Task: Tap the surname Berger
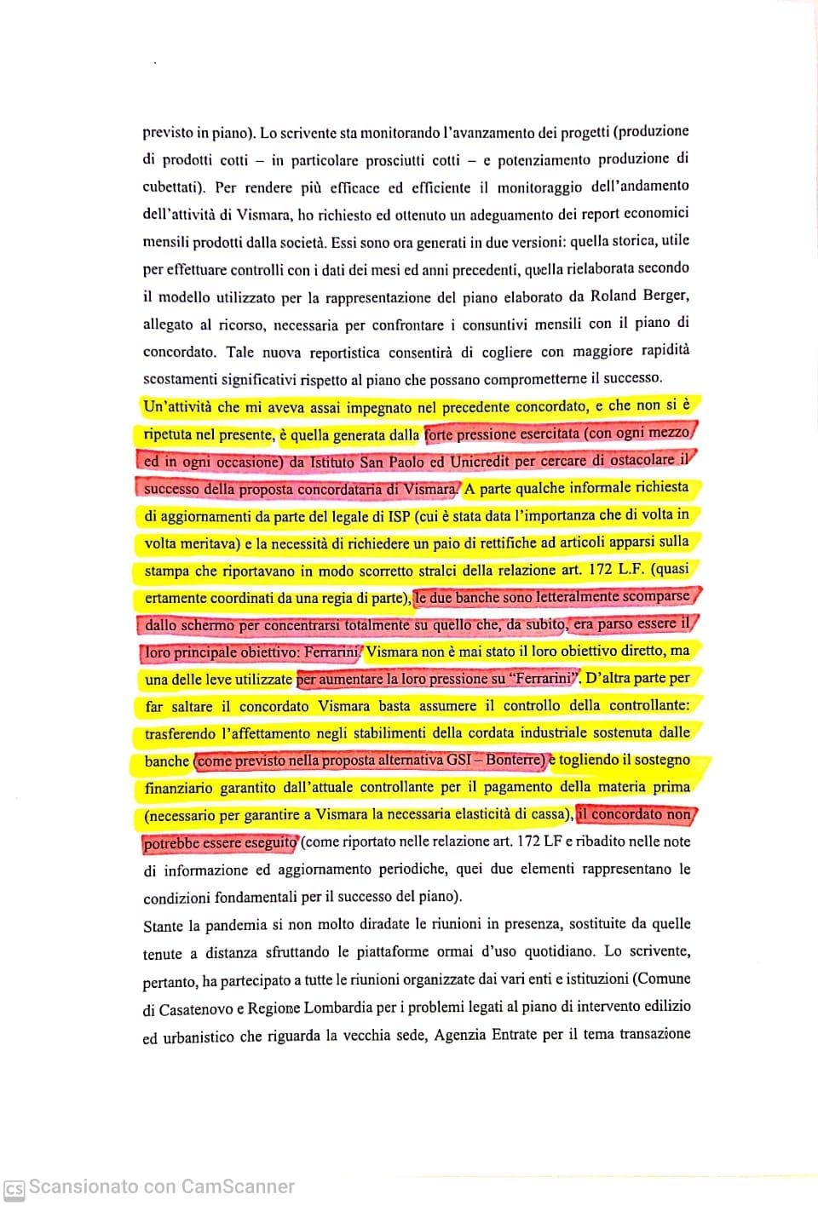664,295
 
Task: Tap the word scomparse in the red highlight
657,596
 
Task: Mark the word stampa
164,571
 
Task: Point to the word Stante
163,926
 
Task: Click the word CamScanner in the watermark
238,1187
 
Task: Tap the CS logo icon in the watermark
14,1189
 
